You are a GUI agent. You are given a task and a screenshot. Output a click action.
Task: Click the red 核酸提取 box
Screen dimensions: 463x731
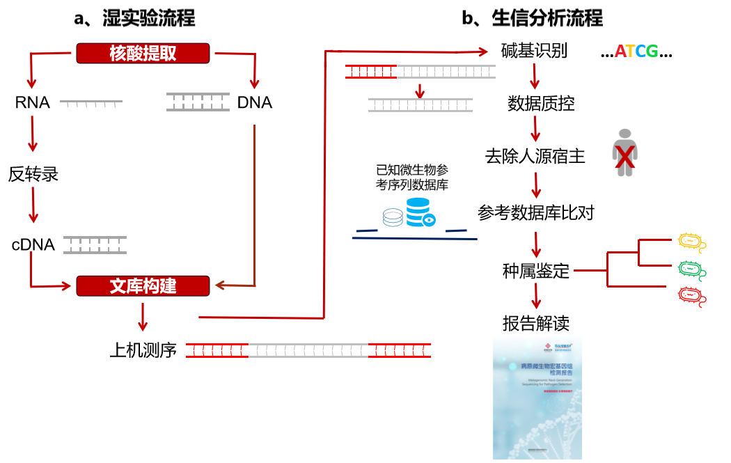143,53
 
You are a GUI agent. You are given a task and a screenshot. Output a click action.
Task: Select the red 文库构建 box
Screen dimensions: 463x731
143,285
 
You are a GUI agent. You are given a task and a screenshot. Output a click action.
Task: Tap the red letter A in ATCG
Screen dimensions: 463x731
620,52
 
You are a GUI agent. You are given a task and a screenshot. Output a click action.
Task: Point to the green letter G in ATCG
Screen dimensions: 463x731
652,52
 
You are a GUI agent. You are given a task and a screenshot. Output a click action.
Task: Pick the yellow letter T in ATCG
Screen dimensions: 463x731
630,52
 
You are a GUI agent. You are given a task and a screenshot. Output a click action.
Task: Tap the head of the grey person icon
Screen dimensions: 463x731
624,134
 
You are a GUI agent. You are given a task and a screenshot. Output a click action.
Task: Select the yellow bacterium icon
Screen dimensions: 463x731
691,241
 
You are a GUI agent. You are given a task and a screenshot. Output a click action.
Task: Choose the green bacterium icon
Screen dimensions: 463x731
691,269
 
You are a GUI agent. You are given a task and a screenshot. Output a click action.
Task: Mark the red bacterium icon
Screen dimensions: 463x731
691,295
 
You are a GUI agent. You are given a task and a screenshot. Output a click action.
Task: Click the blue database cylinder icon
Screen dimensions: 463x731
418,211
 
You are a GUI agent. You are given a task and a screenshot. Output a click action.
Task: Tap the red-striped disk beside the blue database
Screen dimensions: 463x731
393,217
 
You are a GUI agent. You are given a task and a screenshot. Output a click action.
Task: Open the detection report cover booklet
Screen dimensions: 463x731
537,397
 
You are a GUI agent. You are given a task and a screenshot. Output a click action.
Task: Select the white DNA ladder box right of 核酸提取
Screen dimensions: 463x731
198,102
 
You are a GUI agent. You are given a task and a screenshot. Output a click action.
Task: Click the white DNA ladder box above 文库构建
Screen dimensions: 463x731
95,245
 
